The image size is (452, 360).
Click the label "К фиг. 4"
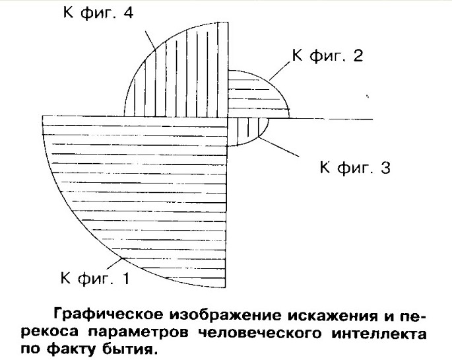click(x=98, y=13)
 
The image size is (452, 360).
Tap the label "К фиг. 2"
click(x=327, y=55)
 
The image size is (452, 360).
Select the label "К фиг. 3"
click(x=355, y=167)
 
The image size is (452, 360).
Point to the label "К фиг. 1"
click(x=95, y=278)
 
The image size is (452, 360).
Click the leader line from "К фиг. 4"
click(x=150, y=40)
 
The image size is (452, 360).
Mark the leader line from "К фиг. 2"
click(x=280, y=71)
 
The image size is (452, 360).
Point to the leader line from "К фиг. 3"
click(x=279, y=147)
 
